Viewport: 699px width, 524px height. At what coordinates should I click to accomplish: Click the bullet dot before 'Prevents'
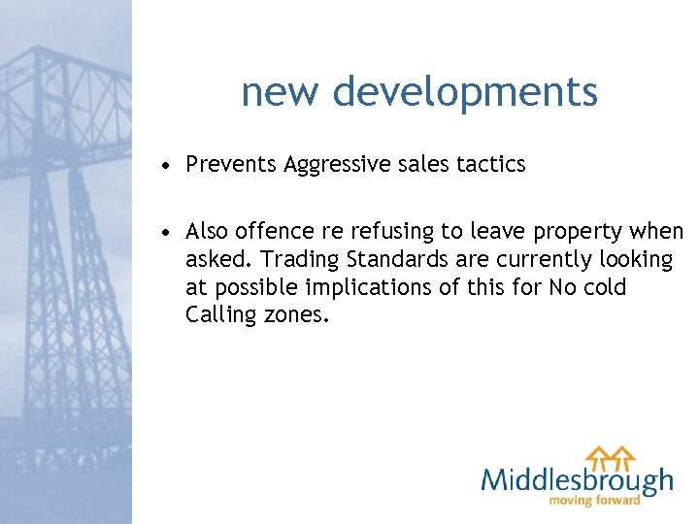coord(169,166)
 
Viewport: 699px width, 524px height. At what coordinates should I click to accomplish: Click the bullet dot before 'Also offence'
coord(169,233)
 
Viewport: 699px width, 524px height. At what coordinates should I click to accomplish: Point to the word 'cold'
coord(605,288)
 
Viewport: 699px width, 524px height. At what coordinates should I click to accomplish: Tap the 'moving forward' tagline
coord(595,501)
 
